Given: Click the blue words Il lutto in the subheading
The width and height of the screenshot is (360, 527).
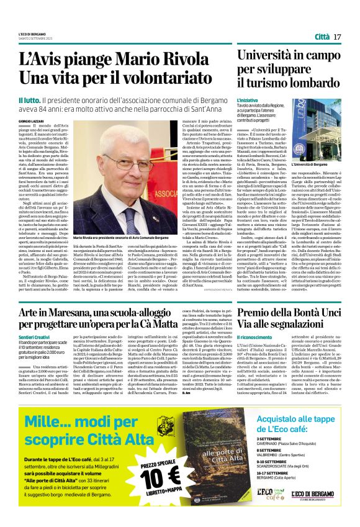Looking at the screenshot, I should click(29, 99).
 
